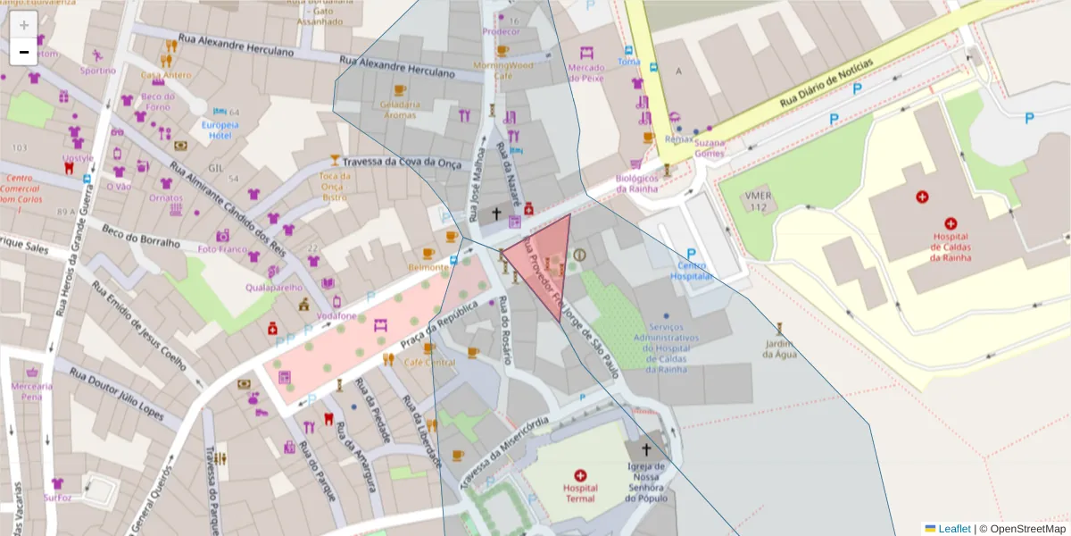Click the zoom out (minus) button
(24, 53)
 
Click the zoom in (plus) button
(24, 25)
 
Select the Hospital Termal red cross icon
(581, 475)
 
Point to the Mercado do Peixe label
(586, 72)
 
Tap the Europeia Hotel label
(220, 130)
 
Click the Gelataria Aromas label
(399, 110)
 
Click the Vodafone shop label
(337, 316)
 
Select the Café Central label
(429, 363)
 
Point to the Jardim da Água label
(778, 348)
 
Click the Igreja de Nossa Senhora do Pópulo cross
(644, 450)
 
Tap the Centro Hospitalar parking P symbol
(691, 254)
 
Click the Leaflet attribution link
(953, 529)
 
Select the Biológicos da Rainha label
(636, 183)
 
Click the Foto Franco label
(222, 249)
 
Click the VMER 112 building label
(759, 202)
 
